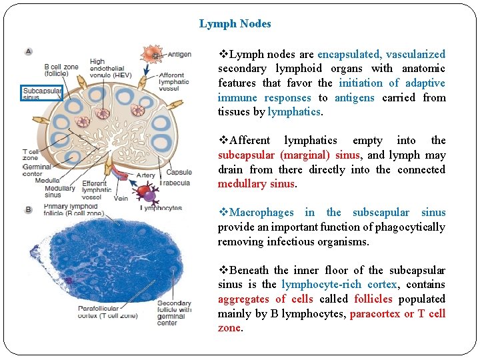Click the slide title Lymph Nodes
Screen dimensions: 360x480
(235, 24)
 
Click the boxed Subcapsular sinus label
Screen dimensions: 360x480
(42, 93)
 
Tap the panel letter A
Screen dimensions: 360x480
(29, 51)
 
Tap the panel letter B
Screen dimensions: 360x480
(29, 209)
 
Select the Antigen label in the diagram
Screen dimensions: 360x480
(179, 55)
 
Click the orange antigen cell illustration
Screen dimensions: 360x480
(153, 55)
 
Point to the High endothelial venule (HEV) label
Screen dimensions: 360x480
(111, 67)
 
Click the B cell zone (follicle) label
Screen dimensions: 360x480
(61, 71)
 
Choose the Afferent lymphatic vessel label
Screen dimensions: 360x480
(174, 82)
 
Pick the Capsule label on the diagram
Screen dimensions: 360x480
(179, 173)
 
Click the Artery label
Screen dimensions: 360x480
(145, 176)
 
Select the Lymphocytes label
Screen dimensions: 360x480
(161, 208)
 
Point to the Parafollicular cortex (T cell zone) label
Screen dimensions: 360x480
(107, 312)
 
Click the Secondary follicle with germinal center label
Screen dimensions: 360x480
(174, 313)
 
